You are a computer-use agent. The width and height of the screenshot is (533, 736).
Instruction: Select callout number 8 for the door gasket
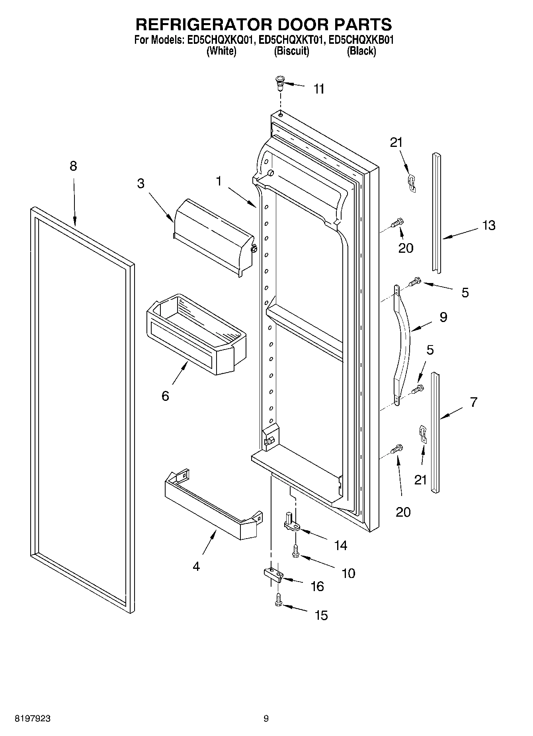73,166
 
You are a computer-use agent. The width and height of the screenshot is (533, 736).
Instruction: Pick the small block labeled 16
273,575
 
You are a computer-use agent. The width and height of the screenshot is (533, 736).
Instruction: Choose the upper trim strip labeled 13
437,213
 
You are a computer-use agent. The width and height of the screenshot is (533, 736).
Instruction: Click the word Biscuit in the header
291,51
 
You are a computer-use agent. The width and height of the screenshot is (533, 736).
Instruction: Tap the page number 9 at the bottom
266,718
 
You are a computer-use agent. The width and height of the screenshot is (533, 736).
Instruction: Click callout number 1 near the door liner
219,181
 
